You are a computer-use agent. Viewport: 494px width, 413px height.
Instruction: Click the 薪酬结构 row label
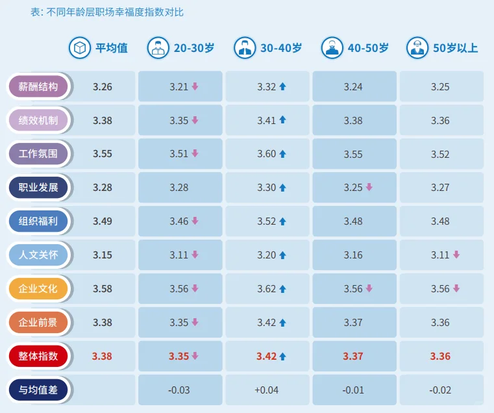coord(38,86)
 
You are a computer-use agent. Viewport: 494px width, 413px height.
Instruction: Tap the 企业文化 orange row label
coord(38,288)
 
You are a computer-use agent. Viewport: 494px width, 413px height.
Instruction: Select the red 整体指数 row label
coord(38,356)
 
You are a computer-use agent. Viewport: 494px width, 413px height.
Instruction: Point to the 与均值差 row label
coord(38,390)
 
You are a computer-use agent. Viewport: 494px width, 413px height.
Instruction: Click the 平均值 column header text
coord(112,48)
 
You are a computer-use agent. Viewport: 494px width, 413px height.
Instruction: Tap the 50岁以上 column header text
coord(455,48)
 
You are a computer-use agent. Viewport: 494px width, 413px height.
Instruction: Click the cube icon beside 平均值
coord(80,48)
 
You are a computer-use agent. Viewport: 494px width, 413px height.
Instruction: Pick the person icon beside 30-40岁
coord(245,48)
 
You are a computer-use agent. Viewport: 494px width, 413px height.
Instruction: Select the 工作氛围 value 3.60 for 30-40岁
coord(267,154)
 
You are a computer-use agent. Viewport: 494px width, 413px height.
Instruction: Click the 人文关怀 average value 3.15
coord(103,255)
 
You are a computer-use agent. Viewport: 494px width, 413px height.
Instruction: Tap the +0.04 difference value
coord(267,390)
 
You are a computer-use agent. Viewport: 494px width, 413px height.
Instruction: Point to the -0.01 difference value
coord(353,390)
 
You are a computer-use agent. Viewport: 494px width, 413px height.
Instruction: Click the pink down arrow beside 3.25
coord(369,187)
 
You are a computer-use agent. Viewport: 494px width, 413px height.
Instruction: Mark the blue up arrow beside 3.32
coord(282,86)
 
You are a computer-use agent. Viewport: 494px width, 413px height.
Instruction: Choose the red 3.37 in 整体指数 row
coord(353,357)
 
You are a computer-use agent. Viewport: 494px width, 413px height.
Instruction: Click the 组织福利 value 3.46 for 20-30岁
coord(179,221)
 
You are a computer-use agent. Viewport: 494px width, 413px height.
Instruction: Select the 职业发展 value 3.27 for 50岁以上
coord(440,188)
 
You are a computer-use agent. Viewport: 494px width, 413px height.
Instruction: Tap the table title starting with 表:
coord(107,12)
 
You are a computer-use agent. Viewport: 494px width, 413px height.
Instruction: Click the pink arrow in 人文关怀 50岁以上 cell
coord(456,255)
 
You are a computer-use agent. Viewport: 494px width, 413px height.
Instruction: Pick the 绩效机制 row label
coord(38,120)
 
